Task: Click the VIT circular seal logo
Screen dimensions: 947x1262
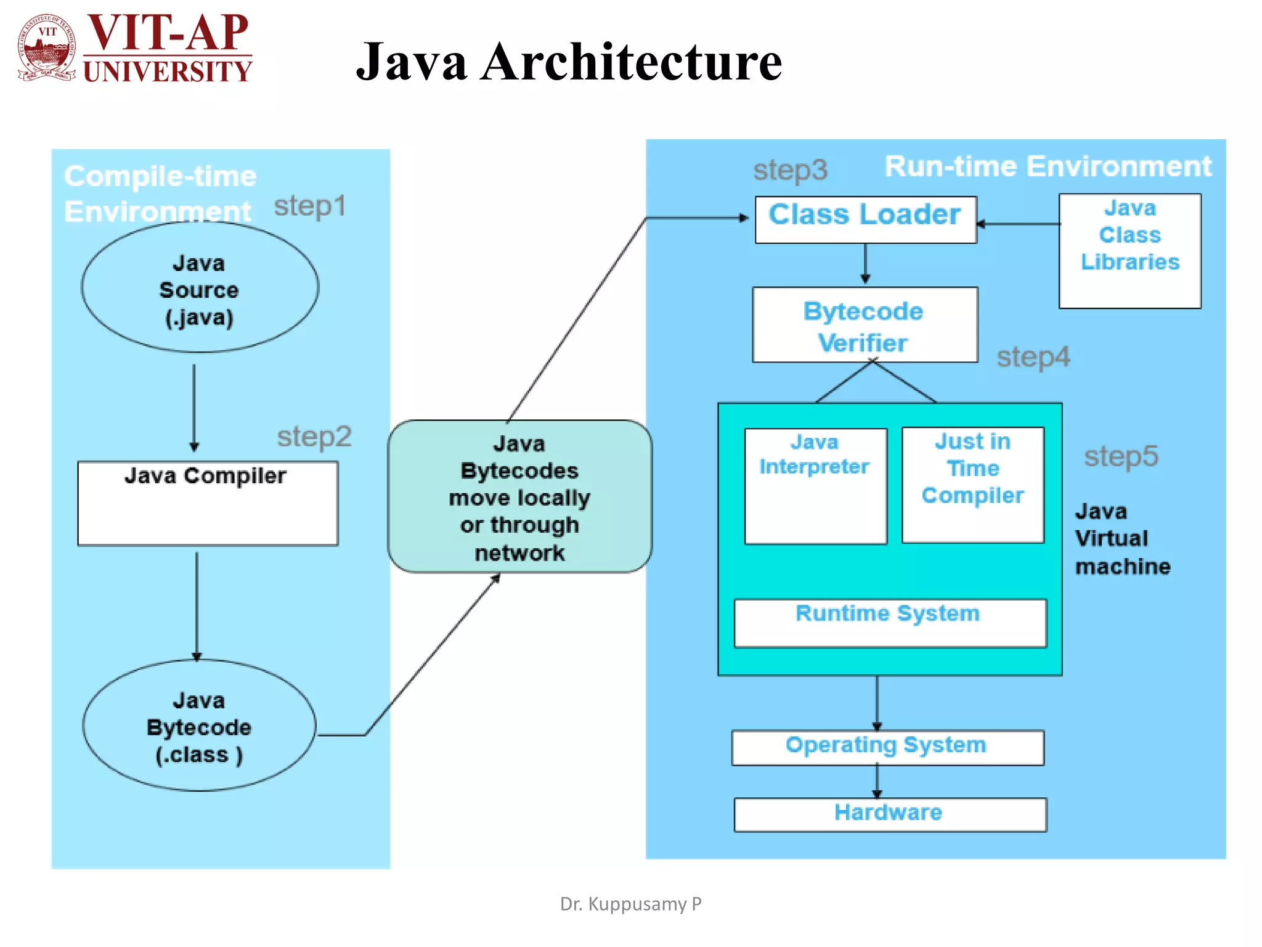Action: pos(46,48)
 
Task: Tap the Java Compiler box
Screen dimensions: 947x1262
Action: pos(208,502)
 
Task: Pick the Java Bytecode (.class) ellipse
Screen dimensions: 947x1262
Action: pos(199,726)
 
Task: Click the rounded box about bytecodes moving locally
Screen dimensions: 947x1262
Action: pos(519,497)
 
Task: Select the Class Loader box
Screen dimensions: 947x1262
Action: pos(865,219)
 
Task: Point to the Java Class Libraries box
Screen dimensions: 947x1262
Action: pos(1130,251)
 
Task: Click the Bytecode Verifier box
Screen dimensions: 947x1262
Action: pos(865,325)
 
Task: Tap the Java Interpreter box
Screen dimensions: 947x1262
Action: pos(815,486)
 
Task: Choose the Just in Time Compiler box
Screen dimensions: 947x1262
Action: pos(972,485)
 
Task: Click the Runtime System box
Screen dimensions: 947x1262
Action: pos(889,623)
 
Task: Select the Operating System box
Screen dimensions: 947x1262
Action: pos(887,747)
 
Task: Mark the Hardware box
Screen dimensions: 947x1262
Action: pos(890,814)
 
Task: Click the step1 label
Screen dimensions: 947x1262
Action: pos(309,206)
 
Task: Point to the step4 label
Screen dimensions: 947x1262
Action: pos(1033,357)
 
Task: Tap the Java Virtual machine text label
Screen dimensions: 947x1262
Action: pos(1122,539)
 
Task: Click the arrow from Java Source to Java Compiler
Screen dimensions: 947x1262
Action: pos(194,407)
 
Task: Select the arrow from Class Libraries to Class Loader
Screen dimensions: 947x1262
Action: pos(1019,224)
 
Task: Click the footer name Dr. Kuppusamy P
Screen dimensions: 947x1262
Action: pos(630,904)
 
